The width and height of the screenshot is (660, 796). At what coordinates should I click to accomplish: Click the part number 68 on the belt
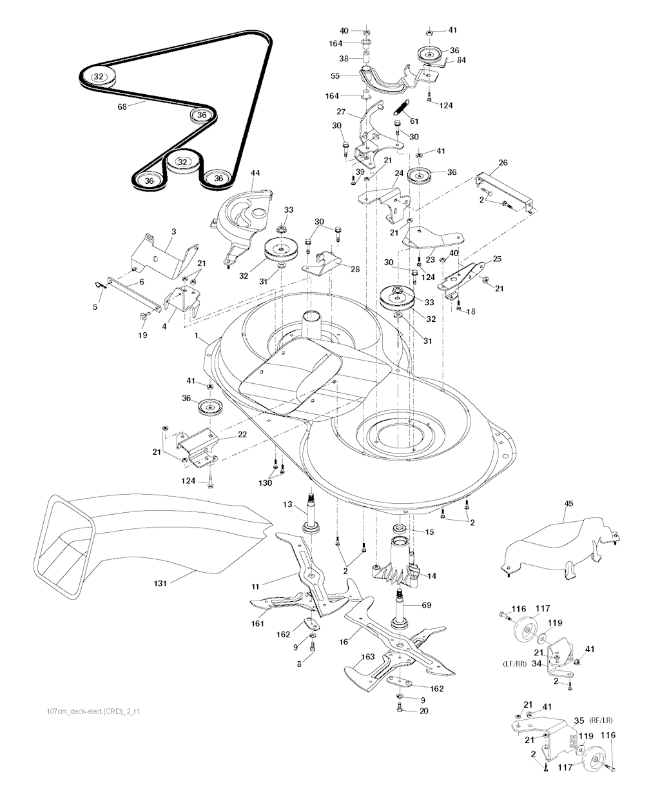(122, 106)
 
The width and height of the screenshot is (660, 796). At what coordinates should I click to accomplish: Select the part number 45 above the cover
(568, 504)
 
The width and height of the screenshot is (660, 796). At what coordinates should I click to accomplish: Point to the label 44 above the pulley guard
(255, 173)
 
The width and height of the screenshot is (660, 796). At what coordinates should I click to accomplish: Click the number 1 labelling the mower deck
(197, 335)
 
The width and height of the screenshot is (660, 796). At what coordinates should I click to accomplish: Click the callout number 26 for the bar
(503, 163)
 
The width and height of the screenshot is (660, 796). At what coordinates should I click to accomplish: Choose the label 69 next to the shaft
(426, 605)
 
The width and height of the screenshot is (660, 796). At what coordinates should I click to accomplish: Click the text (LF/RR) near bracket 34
(514, 664)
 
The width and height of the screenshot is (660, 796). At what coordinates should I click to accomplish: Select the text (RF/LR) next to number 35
(601, 720)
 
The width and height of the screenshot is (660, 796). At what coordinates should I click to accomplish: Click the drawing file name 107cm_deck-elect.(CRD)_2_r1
(93, 711)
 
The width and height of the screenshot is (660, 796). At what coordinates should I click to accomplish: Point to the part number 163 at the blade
(368, 657)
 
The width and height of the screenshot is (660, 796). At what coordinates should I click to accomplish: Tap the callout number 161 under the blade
(257, 624)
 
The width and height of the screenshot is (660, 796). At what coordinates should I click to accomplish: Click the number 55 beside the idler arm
(335, 76)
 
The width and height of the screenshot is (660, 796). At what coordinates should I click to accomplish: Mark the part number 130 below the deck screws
(265, 483)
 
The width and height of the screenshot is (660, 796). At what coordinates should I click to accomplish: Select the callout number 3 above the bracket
(173, 232)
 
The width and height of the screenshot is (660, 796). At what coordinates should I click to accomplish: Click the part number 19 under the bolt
(142, 335)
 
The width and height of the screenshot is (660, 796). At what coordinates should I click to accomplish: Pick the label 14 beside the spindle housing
(431, 576)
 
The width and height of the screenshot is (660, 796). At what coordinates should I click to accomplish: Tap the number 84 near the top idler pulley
(461, 60)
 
